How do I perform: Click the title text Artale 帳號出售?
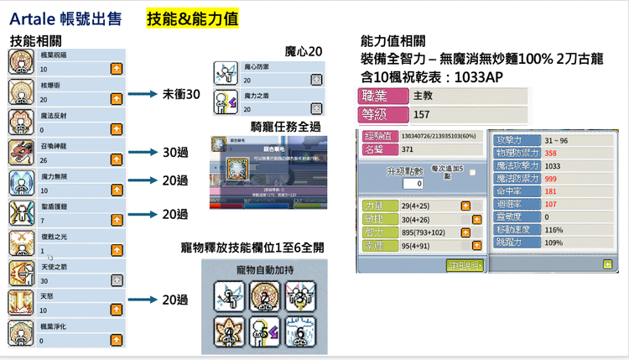[65, 18]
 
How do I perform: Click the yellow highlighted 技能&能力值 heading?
[193, 18]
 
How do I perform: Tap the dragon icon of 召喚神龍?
[21, 152]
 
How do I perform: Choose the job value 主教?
[424, 97]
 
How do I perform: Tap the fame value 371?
[408, 149]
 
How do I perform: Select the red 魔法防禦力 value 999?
[551, 179]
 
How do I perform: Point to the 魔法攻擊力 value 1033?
[553, 166]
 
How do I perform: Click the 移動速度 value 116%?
[554, 229]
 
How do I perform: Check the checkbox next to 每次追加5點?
[473, 173]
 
